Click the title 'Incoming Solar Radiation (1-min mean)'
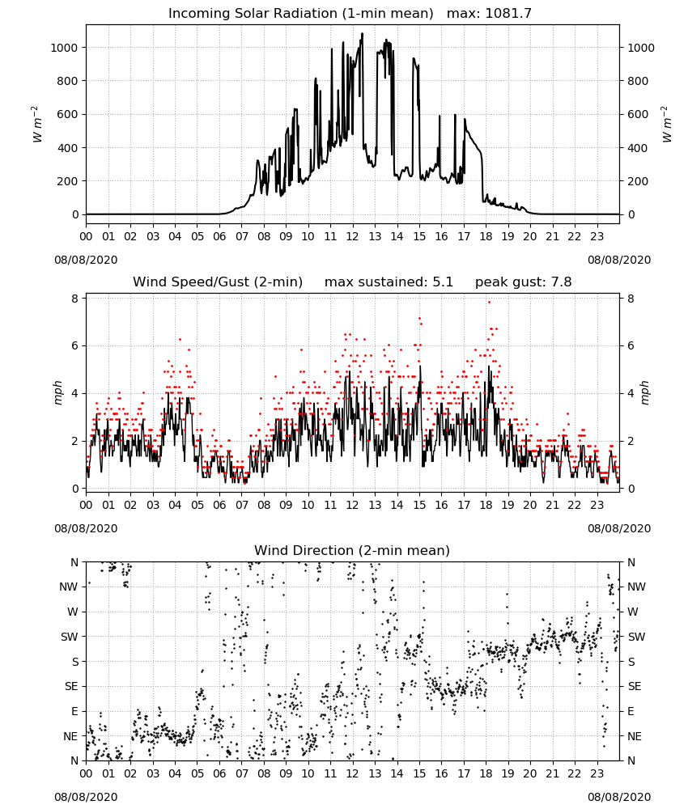tap(301, 14)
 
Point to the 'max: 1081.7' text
tap(489, 14)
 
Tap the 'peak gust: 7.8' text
tap(524, 282)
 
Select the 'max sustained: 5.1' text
tap(389, 282)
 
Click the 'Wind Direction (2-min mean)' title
tap(352, 550)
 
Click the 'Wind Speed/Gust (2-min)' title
tap(218, 282)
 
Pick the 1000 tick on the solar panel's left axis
tap(64, 48)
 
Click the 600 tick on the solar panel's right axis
tap(638, 115)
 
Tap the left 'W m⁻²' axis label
tap(36, 125)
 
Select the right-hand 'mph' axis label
tap(644, 393)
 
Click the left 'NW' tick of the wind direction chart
tap(69, 587)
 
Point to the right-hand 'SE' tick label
tap(635, 687)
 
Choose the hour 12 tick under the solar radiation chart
tap(352, 237)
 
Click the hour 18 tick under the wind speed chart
tap(486, 505)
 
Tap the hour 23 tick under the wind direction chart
tap(597, 774)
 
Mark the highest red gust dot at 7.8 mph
tap(489, 303)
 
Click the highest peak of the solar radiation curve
tap(362, 33)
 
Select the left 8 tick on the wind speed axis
tap(74, 299)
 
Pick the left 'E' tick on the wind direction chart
tap(74, 711)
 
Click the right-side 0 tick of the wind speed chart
tap(631, 489)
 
